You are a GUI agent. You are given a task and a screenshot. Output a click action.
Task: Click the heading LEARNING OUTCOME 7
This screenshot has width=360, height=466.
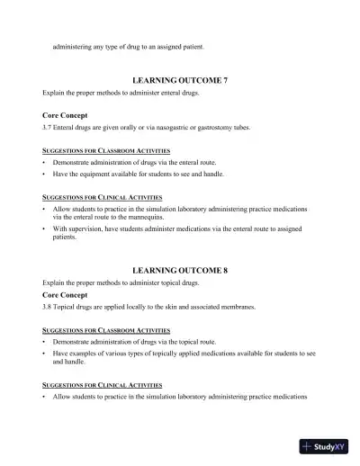pyautogui.click(x=180, y=81)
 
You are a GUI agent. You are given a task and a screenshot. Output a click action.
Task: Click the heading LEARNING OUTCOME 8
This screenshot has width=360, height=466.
pyautogui.click(x=180, y=270)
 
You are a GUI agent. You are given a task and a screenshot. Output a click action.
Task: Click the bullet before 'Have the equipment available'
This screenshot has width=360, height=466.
pyautogui.click(x=44, y=174)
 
